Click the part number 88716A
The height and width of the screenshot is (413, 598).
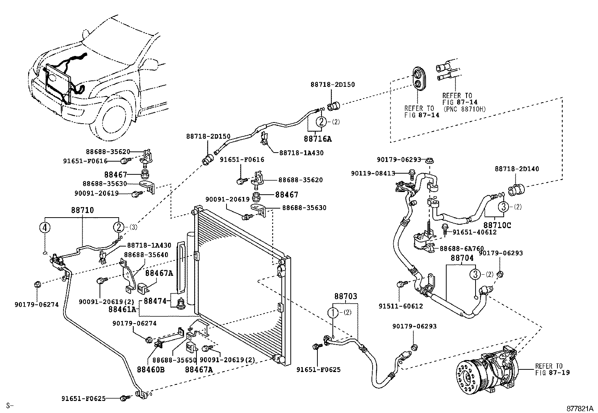click(318, 139)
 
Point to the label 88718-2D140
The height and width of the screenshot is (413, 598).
click(516, 169)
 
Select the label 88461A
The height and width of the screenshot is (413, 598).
click(122, 309)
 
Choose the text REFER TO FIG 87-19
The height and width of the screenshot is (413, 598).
click(552, 369)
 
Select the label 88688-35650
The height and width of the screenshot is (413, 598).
click(174, 360)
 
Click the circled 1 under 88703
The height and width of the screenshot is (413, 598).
click(332, 313)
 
